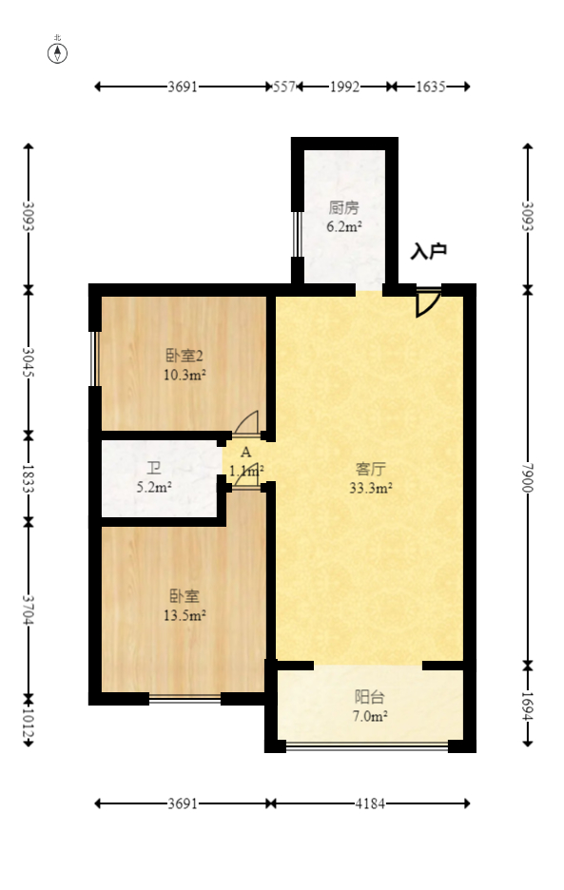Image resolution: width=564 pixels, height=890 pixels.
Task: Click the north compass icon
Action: click(58, 51)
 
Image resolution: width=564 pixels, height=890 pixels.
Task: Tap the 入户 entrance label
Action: click(428, 252)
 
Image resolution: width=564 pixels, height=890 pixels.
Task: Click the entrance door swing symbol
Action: click(426, 303)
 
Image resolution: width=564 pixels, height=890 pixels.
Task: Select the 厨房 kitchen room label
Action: click(343, 207)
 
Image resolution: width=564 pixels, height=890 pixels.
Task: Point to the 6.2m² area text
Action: click(343, 226)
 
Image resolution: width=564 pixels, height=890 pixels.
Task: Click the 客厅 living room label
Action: click(370, 469)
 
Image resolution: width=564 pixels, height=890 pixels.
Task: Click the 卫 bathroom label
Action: click(153, 469)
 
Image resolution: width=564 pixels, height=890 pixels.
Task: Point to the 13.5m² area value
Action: click(185, 615)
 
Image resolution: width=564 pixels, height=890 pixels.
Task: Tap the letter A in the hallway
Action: click(245, 453)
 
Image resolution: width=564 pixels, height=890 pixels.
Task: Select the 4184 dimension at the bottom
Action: click(369, 803)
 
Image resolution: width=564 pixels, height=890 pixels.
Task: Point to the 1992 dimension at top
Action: click(344, 87)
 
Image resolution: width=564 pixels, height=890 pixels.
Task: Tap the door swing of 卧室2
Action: click(247, 421)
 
